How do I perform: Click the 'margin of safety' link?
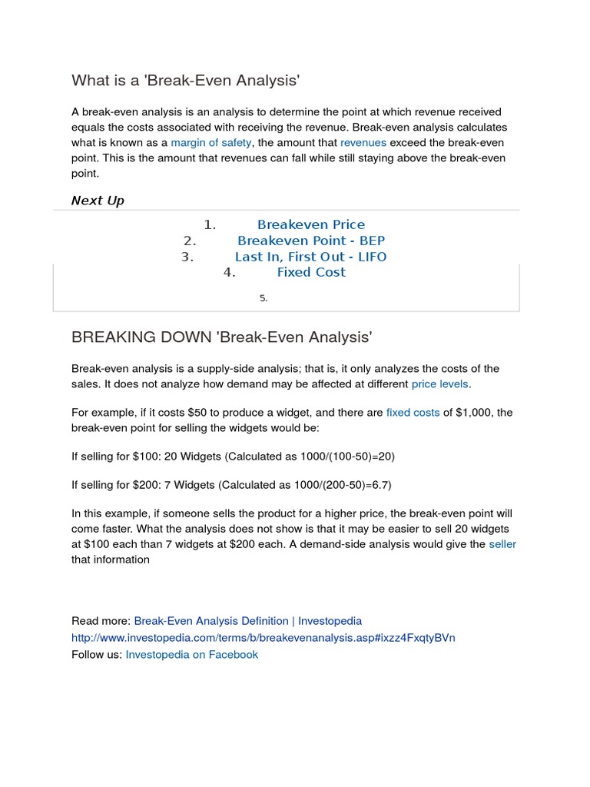coord(210,143)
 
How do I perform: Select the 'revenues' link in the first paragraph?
coord(363,143)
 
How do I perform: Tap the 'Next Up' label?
coord(98,201)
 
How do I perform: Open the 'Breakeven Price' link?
coord(311,225)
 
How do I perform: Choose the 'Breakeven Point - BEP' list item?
coord(311,241)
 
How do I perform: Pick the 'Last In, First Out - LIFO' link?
coord(311,257)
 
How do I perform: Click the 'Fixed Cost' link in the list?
coord(311,272)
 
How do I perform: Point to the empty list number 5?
coord(263,298)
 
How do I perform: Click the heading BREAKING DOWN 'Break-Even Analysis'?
coord(221,337)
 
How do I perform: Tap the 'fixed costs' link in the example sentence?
coord(413,413)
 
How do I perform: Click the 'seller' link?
coord(502,544)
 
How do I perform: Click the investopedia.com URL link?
coord(263,638)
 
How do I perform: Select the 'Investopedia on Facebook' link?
coord(191,655)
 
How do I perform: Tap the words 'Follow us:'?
coord(97,655)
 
